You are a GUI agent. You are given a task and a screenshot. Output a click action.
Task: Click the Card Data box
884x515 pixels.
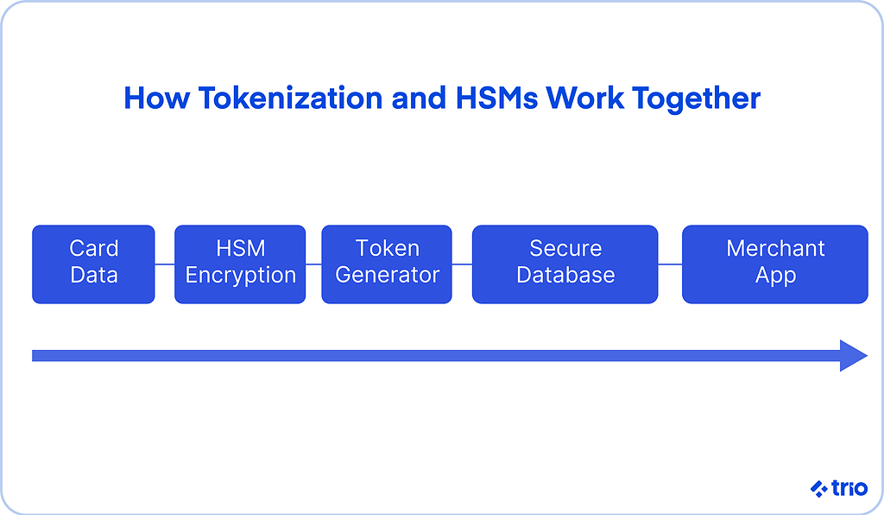(x=93, y=264)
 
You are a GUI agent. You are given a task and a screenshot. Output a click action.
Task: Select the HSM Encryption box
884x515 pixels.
(x=240, y=264)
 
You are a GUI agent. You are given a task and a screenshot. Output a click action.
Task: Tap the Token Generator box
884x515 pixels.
(x=387, y=264)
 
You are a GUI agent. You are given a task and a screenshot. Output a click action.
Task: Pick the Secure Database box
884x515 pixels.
(x=565, y=264)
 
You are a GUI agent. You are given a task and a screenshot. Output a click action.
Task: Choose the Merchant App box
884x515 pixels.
(x=775, y=264)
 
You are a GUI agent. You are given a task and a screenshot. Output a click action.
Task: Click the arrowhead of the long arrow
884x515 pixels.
(x=853, y=355)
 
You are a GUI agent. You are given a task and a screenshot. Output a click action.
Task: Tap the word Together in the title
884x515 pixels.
(x=696, y=99)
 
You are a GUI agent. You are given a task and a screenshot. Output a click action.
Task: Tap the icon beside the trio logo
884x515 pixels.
(x=818, y=489)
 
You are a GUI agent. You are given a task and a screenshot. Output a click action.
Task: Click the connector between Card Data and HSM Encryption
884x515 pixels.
(x=165, y=264)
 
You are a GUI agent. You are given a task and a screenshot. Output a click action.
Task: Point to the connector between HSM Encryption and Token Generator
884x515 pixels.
(x=313, y=264)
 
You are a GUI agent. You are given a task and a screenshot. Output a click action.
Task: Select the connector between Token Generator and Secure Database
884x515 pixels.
(x=462, y=264)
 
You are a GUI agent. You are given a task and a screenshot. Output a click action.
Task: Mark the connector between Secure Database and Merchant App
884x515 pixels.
(x=670, y=264)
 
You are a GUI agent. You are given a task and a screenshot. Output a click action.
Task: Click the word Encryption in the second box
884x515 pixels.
(x=240, y=276)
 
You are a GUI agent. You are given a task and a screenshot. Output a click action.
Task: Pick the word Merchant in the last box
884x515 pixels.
(x=775, y=249)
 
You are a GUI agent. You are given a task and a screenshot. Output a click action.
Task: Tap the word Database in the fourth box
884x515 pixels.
(x=565, y=276)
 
